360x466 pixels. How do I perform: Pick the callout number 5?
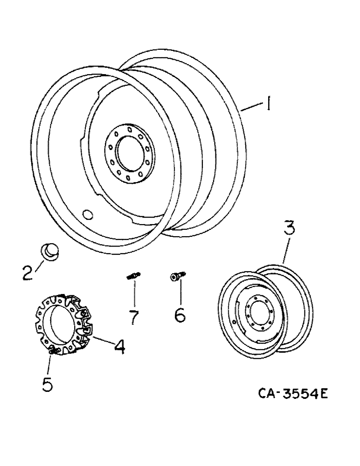(48, 385)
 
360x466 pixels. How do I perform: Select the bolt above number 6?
(176, 278)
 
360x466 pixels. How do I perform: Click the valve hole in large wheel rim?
(87, 214)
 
